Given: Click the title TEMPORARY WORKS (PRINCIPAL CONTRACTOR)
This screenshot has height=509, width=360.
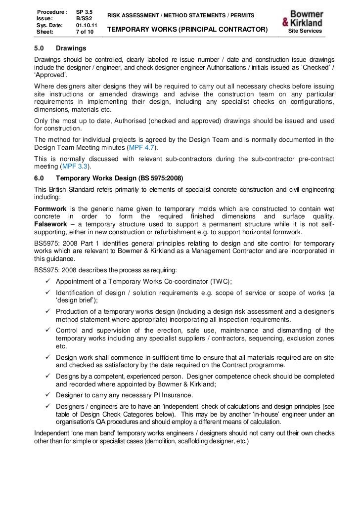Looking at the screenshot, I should point(187,31).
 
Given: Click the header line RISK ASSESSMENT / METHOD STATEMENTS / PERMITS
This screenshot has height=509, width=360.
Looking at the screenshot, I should point(181,16).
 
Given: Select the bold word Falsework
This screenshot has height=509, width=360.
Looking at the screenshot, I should point(50,225).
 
